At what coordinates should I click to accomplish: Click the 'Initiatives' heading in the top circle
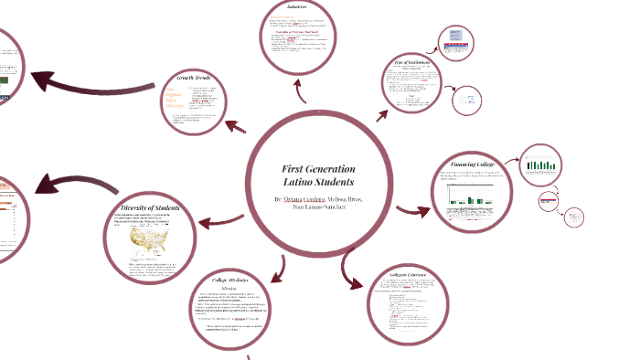click(296, 7)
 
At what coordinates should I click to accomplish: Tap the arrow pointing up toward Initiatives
click(300, 89)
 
